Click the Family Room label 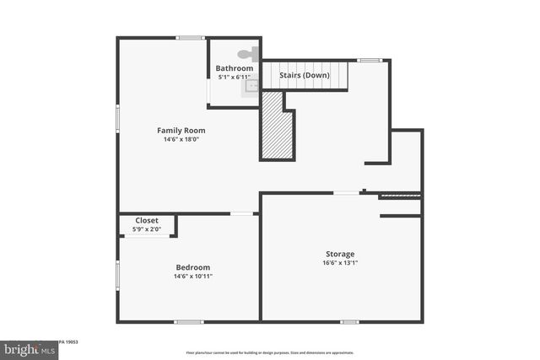coord(181,131)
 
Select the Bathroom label coord(234,68)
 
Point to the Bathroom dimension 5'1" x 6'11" coord(235,77)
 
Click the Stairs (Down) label coord(305,75)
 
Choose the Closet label coord(147,221)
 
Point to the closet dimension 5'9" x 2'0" coord(147,228)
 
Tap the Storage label coord(340,254)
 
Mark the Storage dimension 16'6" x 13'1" coord(341,263)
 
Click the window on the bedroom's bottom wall coord(188,321)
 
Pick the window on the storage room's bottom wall coord(349,321)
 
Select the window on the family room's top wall coord(191,37)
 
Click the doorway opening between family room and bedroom coord(243,213)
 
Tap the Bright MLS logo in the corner coord(25,348)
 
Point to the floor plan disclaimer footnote coord(270,352)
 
